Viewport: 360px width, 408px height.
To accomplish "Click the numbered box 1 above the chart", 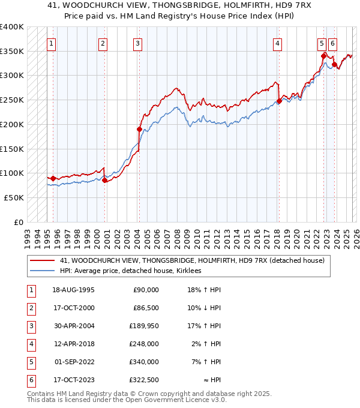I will click(x=51, y=43).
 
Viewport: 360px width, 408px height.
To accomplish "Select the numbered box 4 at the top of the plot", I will click(x=278, y=43).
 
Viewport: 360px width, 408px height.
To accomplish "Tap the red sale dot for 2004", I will click(x=139, y=129).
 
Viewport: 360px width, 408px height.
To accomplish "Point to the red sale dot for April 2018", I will click(x=279, y=101).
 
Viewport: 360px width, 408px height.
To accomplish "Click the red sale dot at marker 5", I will click(x=323, y=56).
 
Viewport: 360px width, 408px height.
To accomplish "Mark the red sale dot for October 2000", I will click(x=104, y=179).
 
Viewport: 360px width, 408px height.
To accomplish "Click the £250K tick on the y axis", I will click(x=11, y=100).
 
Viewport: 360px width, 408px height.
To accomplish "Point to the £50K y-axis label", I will click(x=13, y=197).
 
